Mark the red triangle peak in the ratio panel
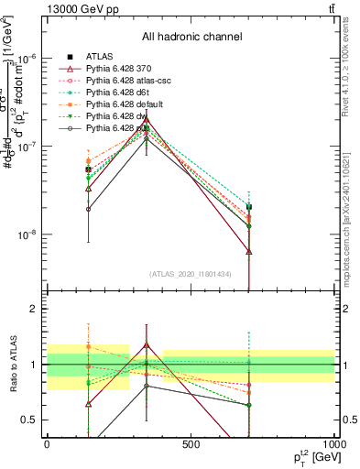[x=146, y=345]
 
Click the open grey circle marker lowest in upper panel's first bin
[x=89, y=209]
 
